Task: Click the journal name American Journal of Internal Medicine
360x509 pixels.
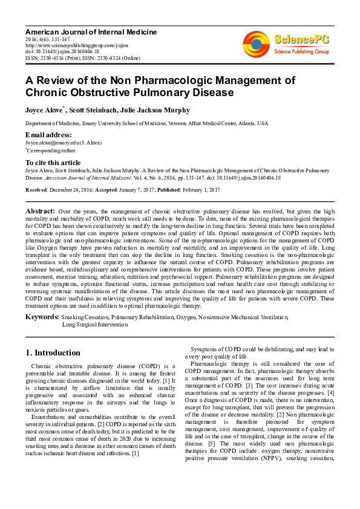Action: tap(91, 31)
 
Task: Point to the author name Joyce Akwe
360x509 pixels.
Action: tap(44, 110)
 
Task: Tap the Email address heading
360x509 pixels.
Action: tap(48, 134)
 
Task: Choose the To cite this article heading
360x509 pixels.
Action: tap(53, 163)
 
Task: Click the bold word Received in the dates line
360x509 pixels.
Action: tap(36, 189)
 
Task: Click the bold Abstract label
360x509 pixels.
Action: tap(41, 211)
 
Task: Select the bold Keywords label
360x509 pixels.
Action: tap(42, 317)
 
